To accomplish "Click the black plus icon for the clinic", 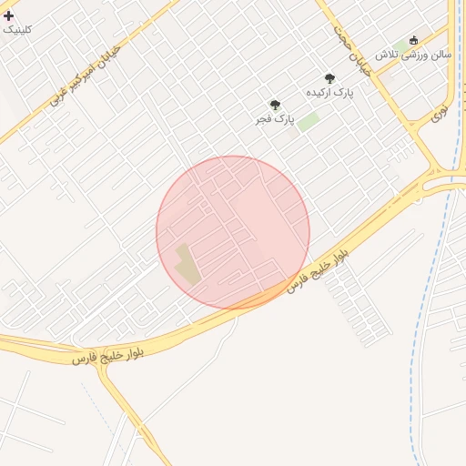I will (9, 15).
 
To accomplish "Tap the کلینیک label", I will (17, 29).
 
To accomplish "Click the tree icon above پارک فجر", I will (275, 106).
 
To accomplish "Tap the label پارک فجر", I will (276, 119).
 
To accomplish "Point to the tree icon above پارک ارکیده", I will (329, 79).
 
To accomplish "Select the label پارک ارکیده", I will (329, 93).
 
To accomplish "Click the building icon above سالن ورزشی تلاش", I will (414, 41).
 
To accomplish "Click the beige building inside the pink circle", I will (186, 264).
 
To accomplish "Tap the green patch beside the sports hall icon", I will (400, 46).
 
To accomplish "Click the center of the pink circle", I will (233, 232).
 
